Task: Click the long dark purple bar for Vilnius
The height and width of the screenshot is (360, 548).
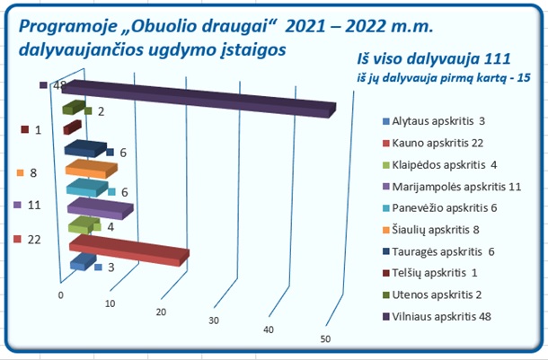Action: click(x=199, y=99)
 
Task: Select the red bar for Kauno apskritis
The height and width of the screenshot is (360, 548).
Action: click(x=129, y=250)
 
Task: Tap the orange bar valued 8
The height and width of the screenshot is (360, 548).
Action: click(x=92, y=169)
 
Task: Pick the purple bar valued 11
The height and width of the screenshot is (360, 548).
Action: click(x=101, y=208)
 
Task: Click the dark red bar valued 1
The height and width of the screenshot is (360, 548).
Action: click(x=73, y=127)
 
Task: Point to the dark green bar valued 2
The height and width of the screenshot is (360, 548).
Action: click(x=74, y=107)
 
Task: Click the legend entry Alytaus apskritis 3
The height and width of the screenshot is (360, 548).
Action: click(x=434, y=121)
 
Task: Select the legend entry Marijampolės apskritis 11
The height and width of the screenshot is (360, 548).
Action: click(x=452, y=187)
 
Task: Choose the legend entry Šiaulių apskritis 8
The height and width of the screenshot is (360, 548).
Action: click(x=431, y=230)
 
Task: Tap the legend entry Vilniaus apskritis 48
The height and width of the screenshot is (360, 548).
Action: click(x=437, y=317)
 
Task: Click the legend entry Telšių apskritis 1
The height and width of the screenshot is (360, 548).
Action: click(x=430, y=273)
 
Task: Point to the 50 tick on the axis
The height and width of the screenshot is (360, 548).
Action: click(x=325, y=339)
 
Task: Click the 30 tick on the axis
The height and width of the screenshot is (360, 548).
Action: click(x=214, y=320)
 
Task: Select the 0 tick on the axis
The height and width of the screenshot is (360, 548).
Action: click(x=61, y=295)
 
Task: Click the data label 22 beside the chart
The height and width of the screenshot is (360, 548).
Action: click(x=34, y=240)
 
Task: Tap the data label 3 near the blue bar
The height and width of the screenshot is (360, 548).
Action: click(x=111, y=268)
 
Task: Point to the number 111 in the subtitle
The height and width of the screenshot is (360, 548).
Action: click(x=498, y=58)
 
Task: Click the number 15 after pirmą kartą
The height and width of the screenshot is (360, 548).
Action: click(x=524, y=77)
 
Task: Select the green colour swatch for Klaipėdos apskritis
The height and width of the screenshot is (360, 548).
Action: click(x=385, y=165)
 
